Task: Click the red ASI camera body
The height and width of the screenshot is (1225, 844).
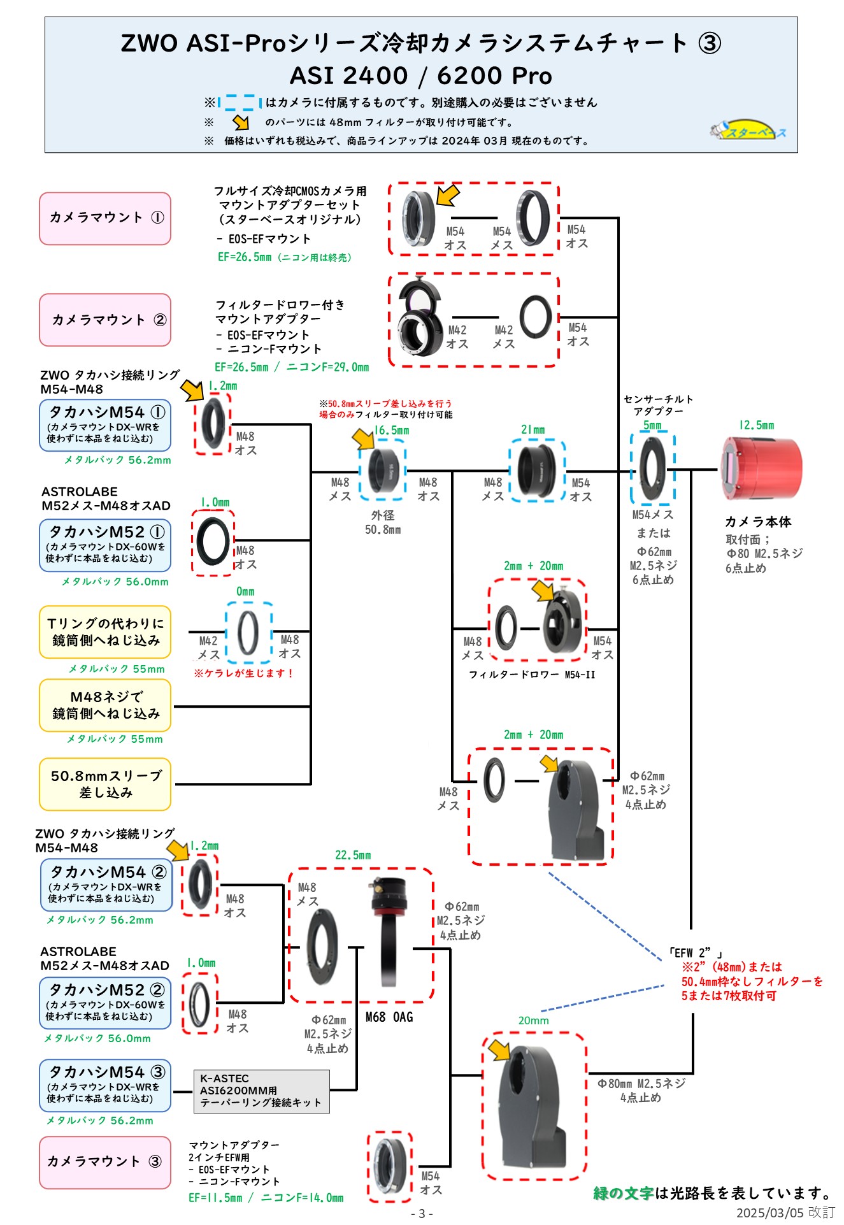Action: (761, 469)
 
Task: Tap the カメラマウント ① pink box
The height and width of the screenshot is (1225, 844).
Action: (105, 218)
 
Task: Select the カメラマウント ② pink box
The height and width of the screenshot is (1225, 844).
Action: (105, 320)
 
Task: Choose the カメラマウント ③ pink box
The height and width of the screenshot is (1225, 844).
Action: (105, 1162)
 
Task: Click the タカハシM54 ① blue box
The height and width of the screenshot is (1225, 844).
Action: (105, 425)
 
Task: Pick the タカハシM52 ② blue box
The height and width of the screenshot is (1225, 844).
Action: (105, 1003)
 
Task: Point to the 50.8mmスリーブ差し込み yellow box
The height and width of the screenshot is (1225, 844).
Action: (105, 784)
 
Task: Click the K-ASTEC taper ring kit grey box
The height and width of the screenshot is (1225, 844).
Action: (261, 1091)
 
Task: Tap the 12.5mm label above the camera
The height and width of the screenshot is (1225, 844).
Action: (756, 425)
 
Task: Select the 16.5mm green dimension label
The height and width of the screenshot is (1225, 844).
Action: (391, 430)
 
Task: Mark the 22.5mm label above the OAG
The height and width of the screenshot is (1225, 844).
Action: (353, 855)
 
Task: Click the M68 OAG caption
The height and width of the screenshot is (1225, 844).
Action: (389, 1017)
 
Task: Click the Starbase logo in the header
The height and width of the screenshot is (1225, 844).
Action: (748, 131)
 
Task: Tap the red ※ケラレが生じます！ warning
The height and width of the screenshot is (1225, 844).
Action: (243, 673)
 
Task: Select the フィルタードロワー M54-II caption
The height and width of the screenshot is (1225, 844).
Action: (532, 675)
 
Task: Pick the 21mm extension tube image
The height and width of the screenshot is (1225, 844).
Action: (537, 470)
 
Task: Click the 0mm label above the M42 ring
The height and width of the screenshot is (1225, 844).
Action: (245, 592)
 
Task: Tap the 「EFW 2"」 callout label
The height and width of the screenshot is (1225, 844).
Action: (696, 953)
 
